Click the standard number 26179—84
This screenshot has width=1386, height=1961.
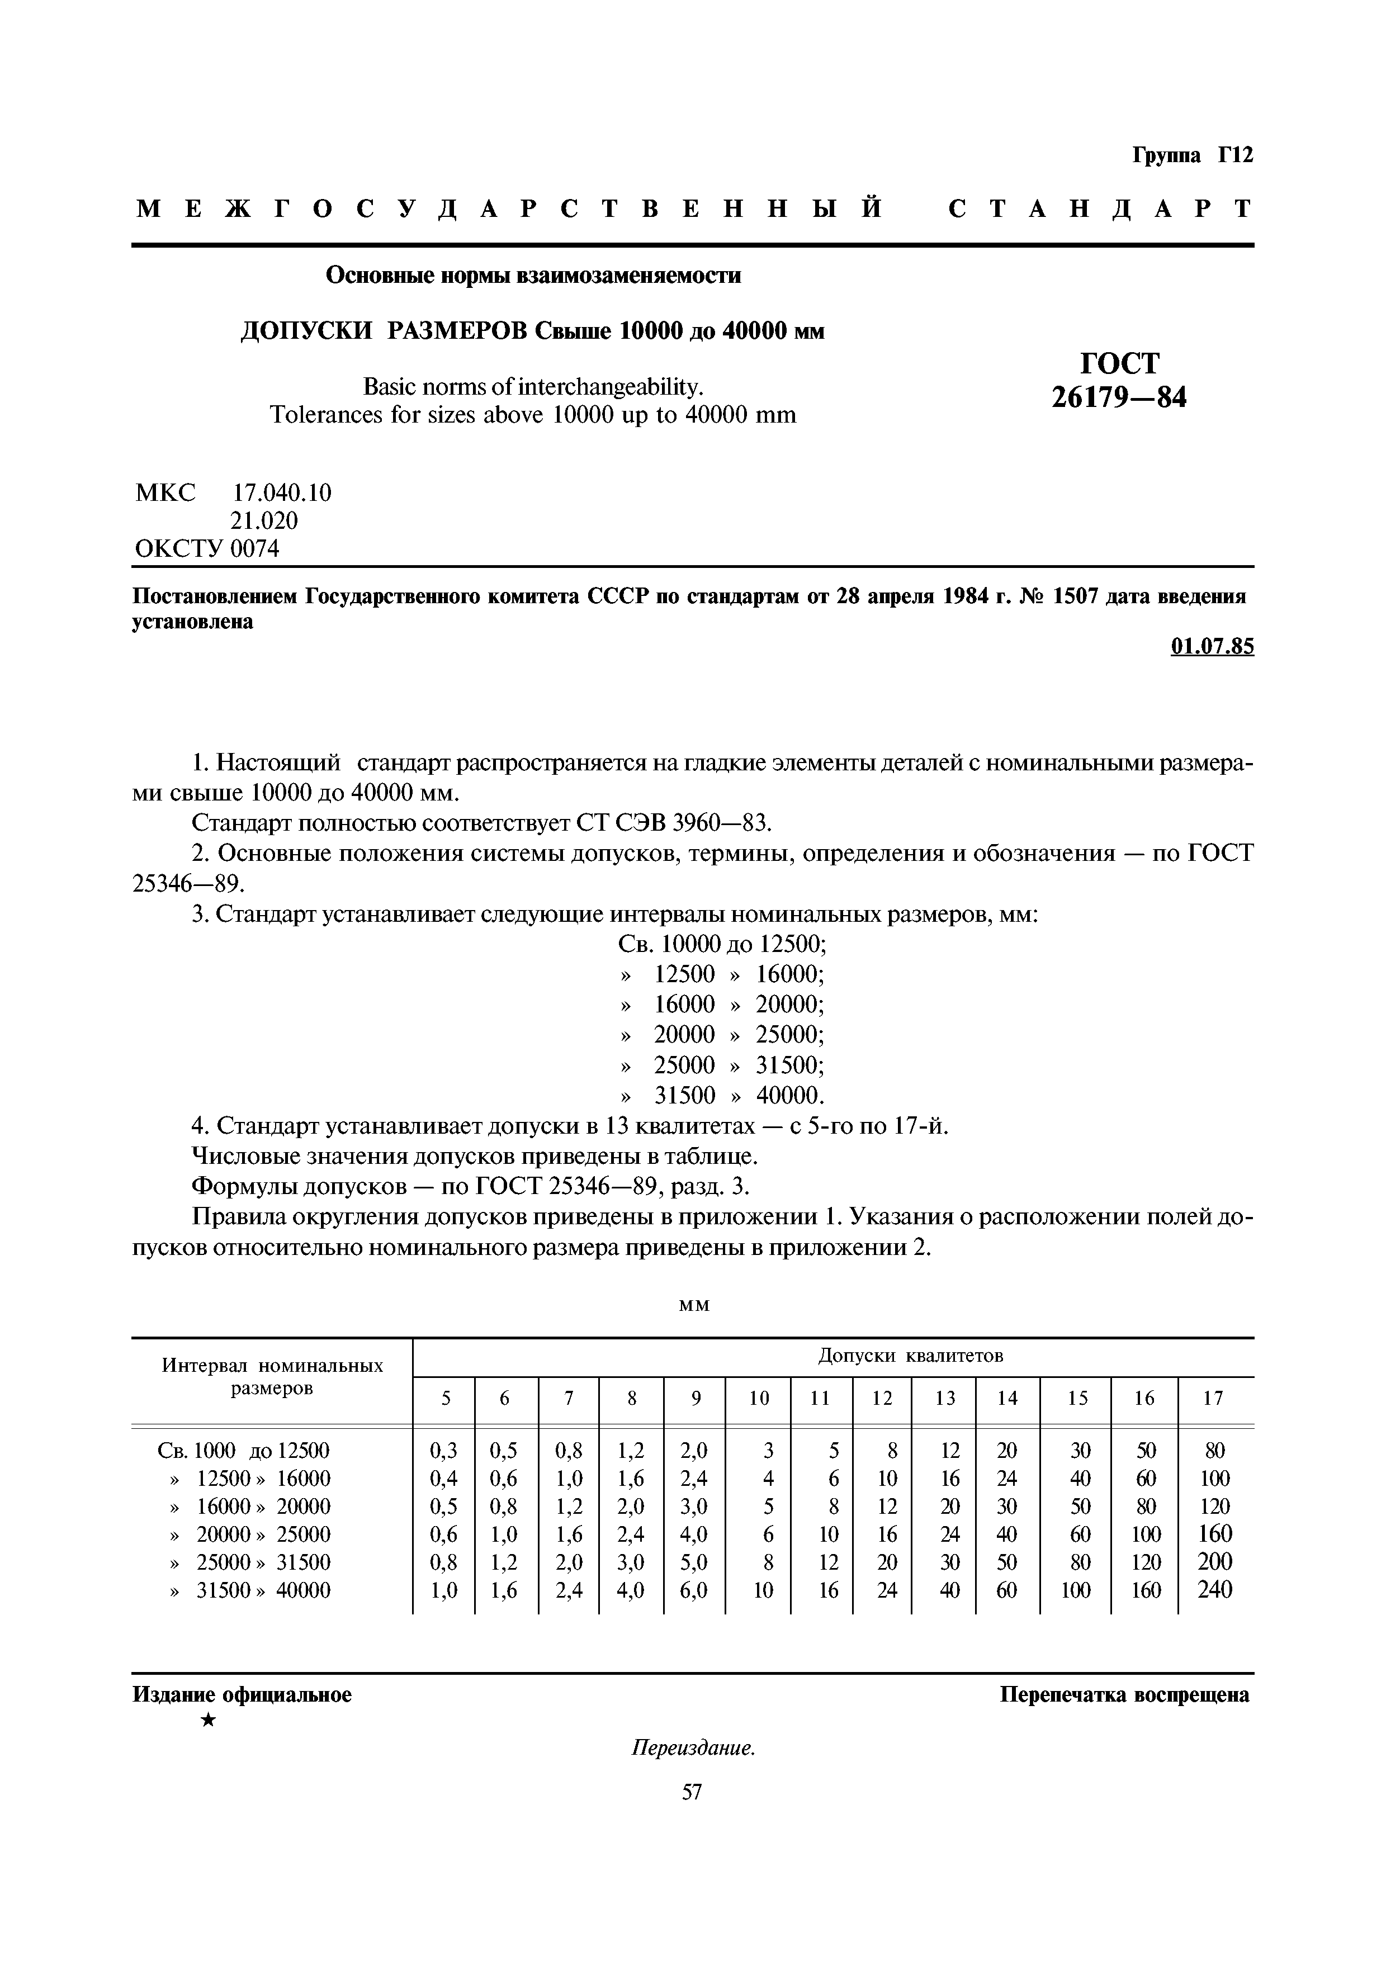(x=1119, y=397)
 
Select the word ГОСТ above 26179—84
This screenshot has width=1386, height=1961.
(x=1119, y=363)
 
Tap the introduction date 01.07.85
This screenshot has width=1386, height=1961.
(x=1211, y=647)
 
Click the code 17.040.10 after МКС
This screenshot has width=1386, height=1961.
(x=282, y=493)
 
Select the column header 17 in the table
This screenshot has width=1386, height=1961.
(x=1213, y=1398)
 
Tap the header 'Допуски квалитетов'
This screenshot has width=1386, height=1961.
(x=910, y=1356)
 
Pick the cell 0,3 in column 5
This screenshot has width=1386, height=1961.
(x=444, y=1450)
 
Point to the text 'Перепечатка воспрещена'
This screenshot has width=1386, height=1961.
(x=1124, y=1694)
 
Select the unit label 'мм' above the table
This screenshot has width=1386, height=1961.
(x=693, y=1305)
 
